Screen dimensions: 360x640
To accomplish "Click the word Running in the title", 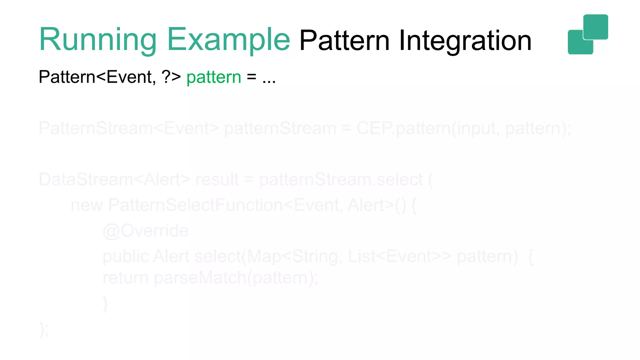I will pos(97,40).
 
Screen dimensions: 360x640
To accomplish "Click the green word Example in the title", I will pos(228,40).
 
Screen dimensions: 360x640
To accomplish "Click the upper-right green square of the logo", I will pos(596,27).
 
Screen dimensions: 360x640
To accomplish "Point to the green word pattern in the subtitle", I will pos(214,77).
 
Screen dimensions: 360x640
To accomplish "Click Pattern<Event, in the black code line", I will pos(97,77).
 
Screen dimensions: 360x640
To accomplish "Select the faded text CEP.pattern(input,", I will pos(428,128).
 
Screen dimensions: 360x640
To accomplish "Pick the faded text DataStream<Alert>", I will pos(114,180).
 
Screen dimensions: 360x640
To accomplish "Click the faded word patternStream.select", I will pos(341,180).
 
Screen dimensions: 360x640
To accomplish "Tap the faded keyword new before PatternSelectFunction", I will pos(87,206).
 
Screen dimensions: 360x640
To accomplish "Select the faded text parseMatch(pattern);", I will pos(236,278).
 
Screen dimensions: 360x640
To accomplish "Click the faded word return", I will pos(125,278).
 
